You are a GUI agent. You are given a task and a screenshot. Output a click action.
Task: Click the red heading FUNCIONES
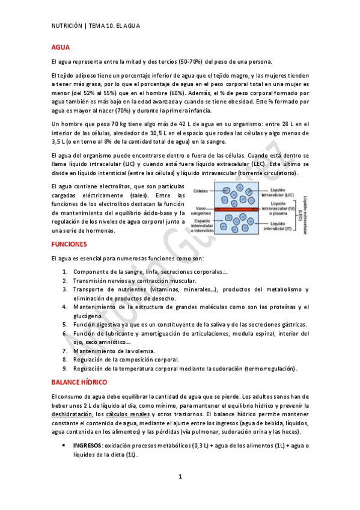tap(69, 244)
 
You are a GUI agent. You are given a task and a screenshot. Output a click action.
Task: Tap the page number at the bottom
tap(180, 477)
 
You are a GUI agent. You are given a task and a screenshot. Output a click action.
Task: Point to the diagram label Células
tap(201, 191)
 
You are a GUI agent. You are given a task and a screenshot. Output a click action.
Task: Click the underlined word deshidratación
tap(72, 414)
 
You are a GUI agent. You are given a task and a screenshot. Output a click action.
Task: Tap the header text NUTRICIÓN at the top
tap(67, 25)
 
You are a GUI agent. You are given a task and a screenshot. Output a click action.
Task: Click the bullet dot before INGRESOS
tap(65, 446)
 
